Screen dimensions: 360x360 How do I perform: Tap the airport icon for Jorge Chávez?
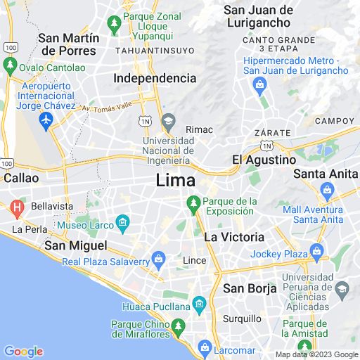pyautogui.click(x=47, y=121)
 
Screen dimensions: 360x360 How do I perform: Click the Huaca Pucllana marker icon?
pyautogui.click(x=199, y=304)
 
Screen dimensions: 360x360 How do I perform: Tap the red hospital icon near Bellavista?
pyautogui.click(x=17, y=207)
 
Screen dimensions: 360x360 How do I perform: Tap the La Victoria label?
pyautogui.click(x=234, y=238)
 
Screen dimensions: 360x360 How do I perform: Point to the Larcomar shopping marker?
pyautogui.click(x=205, y=347)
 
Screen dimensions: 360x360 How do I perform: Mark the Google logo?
pyautogui.click(x=23, y=352)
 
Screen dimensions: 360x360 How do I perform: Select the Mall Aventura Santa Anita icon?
pyautogui.click(x=327, y=189)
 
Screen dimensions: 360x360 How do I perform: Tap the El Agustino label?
pyautogui.click(x=264, y=160)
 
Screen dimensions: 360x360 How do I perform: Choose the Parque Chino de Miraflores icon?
pyautogui.click(x=179, y=326)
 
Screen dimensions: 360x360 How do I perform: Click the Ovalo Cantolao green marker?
pyautogui.click(x=10, y=67)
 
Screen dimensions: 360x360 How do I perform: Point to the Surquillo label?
pyautogui.click(x=243, y=319)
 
